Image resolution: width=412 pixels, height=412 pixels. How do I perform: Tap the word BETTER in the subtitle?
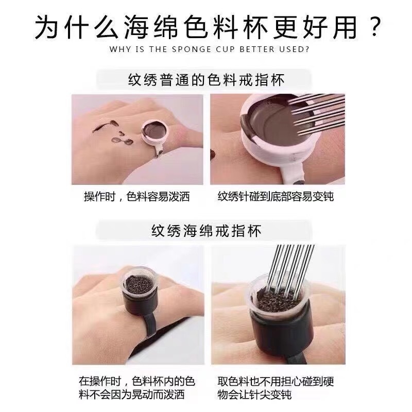tap(257, 49)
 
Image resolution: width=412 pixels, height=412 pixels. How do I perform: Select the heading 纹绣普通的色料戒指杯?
tap(207, 80)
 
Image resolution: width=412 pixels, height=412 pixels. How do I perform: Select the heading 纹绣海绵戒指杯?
tap(207, 231)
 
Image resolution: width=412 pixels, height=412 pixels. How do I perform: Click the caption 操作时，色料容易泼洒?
tap(136, 197)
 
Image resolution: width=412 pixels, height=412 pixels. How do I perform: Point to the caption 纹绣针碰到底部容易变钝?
tap(276, 197)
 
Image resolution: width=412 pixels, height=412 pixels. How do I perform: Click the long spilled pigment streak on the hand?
tap(105, 126)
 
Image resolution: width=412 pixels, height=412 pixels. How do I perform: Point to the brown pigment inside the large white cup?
tap(273, 121)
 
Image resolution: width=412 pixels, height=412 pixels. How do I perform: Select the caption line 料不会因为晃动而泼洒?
tap(131, 394)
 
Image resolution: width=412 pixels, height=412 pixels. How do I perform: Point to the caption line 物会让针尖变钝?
tap(254, 394)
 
